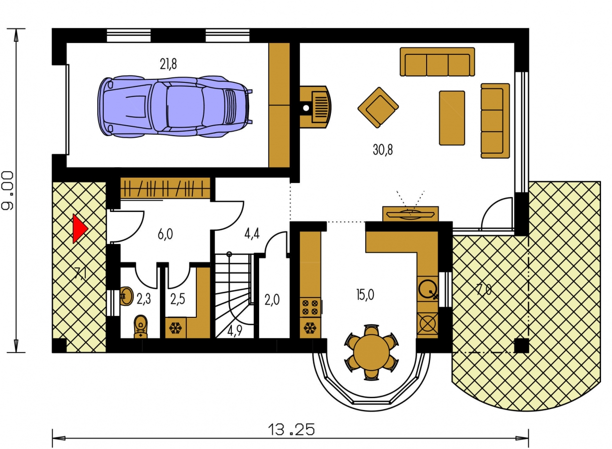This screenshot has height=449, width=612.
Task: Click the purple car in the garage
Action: click(x=175, y=107)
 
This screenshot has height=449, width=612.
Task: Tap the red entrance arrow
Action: click(x=80, y=228)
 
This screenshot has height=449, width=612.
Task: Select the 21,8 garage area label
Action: click(x=168, y=64)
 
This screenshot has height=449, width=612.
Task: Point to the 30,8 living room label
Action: click(x=383, y=150)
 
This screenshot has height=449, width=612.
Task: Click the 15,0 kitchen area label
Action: click(x=365, y=295)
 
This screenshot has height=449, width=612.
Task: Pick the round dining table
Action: click(x=372, y=352)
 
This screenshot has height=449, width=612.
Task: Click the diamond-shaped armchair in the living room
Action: click(x=378, y=107)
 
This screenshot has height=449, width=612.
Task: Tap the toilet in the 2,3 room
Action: click(x=141, y=327)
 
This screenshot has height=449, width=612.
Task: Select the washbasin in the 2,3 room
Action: click(x=126, y=296)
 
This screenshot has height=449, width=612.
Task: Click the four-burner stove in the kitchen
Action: click(x=310, y=307)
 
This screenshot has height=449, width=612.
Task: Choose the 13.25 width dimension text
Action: click(x=292, y=430)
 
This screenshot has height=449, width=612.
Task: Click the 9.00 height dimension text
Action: click(x=7, y=191)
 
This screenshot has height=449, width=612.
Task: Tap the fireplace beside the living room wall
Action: click(x=316, y=107)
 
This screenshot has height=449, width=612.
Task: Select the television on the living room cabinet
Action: click(x=410, y=214)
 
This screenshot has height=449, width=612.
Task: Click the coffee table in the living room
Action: click(x=452, y=118)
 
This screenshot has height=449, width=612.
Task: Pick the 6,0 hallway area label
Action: click(x=165, y=234)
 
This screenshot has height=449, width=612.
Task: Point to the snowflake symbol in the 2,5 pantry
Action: click(x=176, y=328)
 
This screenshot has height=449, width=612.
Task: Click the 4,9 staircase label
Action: click(x=235, y=331)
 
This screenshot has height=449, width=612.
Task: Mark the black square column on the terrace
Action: click(x=522, y=346)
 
